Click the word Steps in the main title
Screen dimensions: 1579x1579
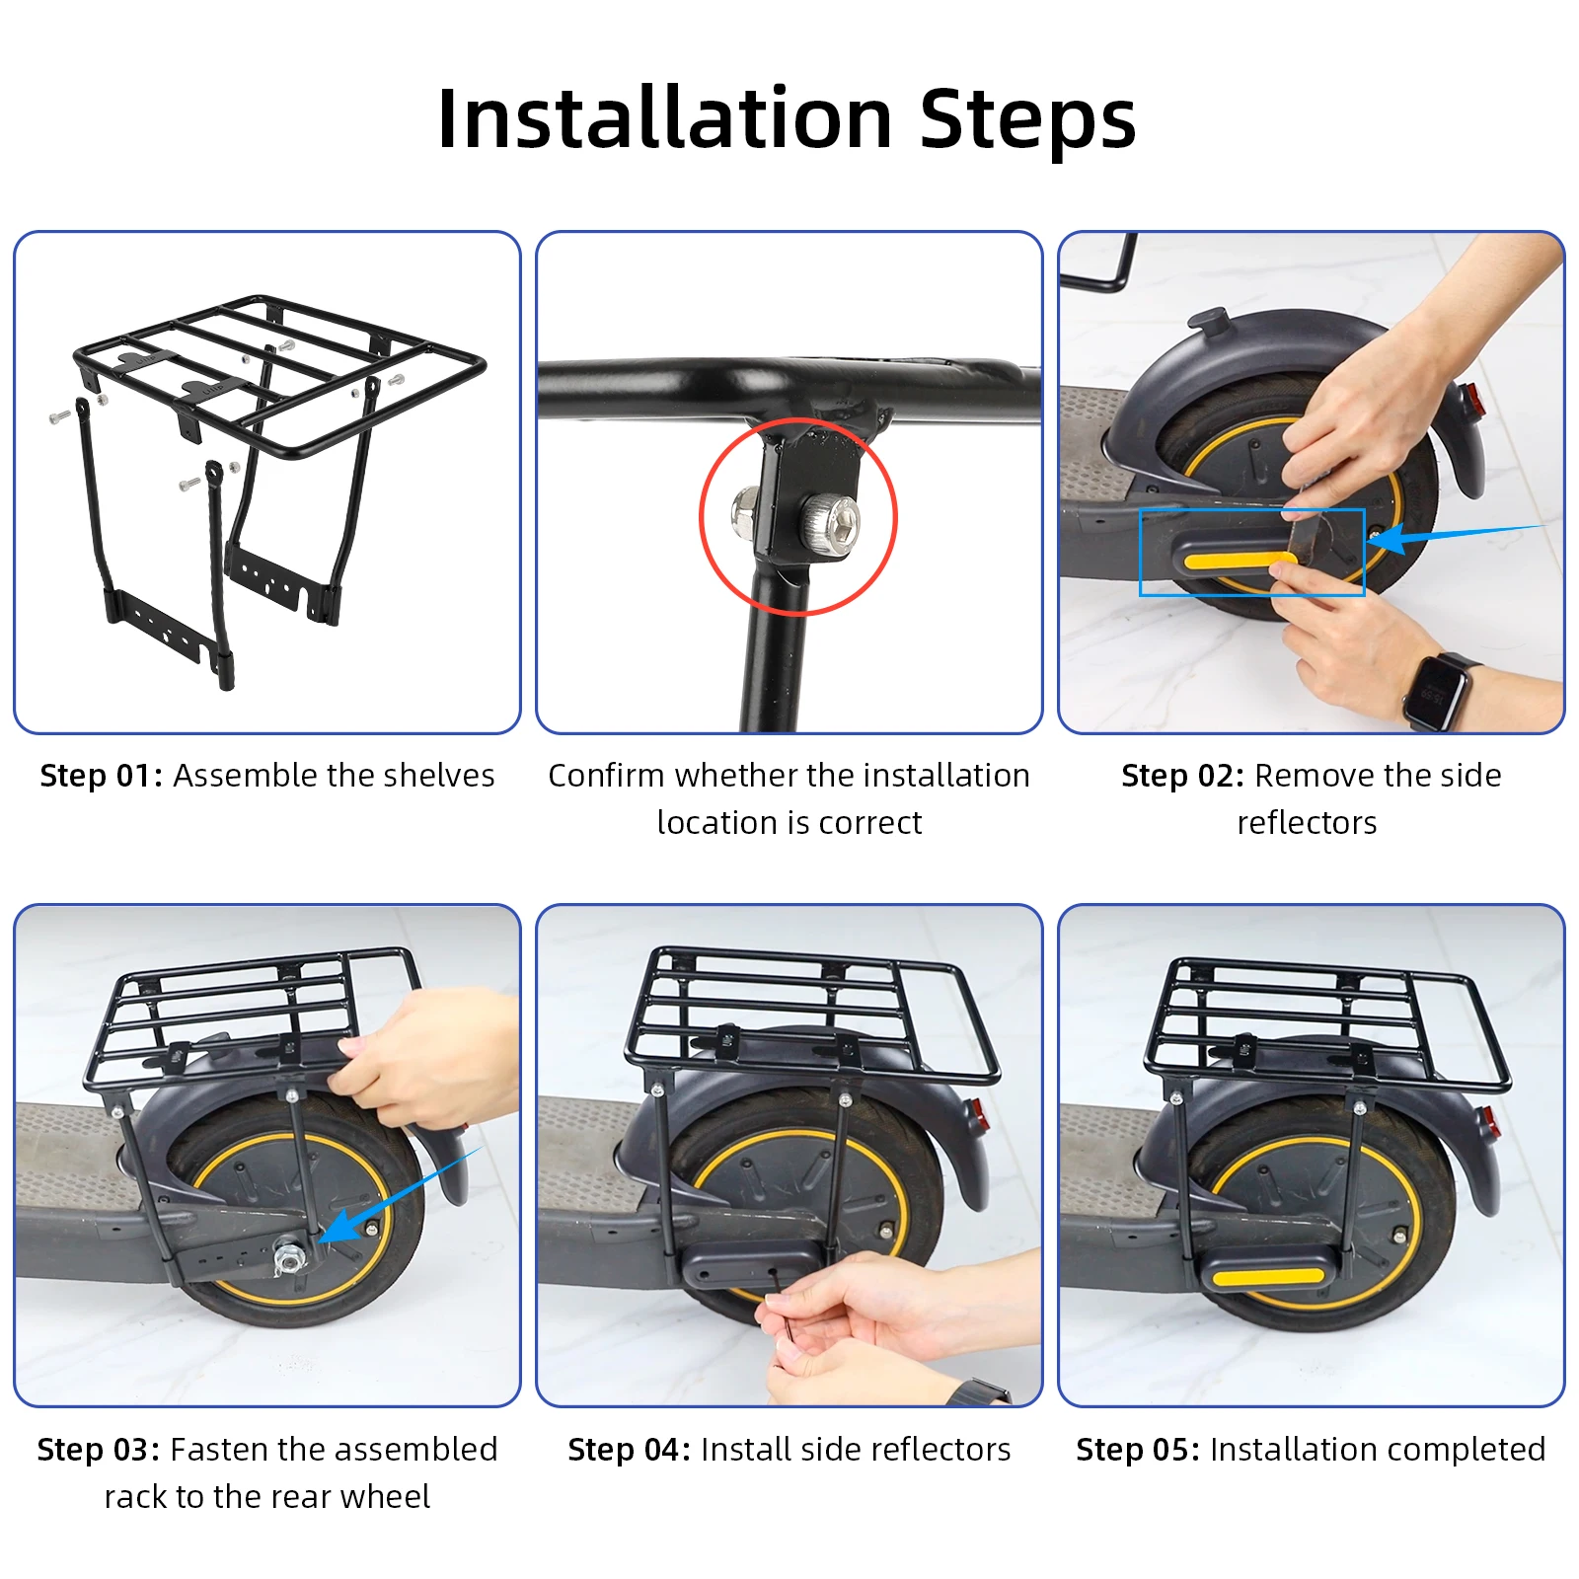1028,120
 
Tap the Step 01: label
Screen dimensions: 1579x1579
101,776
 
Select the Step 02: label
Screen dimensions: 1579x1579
1183,776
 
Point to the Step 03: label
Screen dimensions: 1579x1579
99,1450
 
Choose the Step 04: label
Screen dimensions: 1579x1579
630,1450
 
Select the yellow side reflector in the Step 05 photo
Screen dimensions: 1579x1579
1268,1276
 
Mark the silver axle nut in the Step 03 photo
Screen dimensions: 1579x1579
289,1259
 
